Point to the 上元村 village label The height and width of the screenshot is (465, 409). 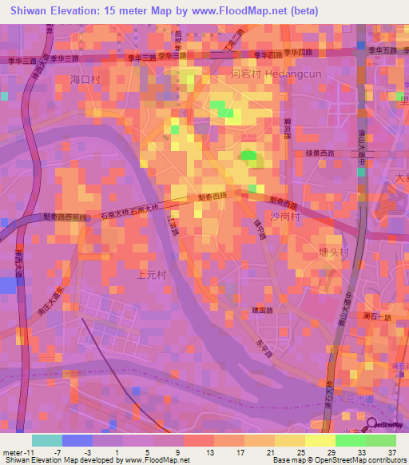[141, 274]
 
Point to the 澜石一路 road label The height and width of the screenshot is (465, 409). [375, 318]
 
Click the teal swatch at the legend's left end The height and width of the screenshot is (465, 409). [46, 441]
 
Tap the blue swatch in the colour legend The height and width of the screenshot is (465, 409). [77, 441]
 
